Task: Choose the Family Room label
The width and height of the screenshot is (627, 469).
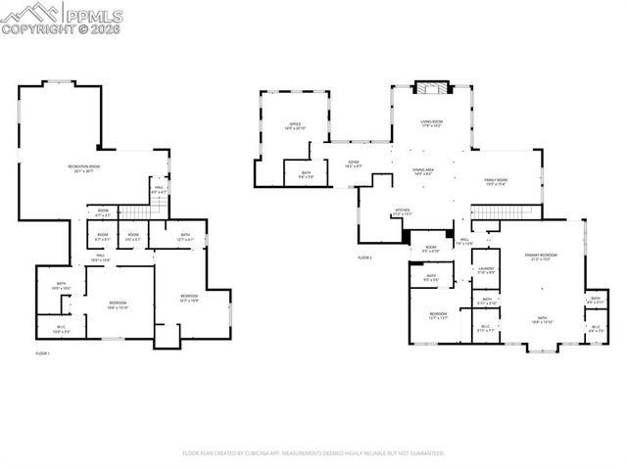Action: tap(495, 182)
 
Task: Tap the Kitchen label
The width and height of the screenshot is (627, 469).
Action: tap(403, 211)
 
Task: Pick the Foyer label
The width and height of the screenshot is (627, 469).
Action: tap(354, 164)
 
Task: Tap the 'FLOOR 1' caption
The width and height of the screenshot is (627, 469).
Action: tap(42, 352)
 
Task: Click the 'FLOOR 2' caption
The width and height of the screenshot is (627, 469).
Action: tap(365, 257)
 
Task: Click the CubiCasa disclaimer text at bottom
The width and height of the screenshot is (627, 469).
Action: tap(313, 453)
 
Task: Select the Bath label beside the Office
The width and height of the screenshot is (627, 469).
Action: tap(293, 175)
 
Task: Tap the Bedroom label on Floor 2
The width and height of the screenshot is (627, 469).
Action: tap(437, 315)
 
